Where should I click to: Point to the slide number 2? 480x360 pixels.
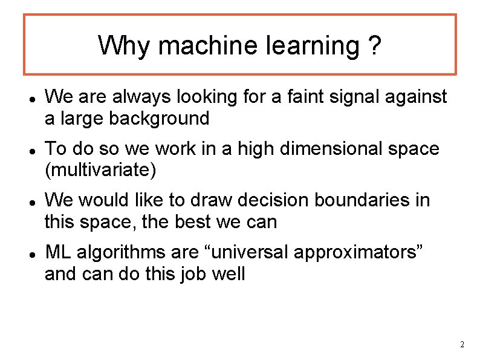[x=462, y=345]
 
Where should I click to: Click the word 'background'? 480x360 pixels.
[x=158, y=118]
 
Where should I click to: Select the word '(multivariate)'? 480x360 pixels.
[x=100, y=170]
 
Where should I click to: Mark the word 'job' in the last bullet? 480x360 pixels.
[x=195, y=273]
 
